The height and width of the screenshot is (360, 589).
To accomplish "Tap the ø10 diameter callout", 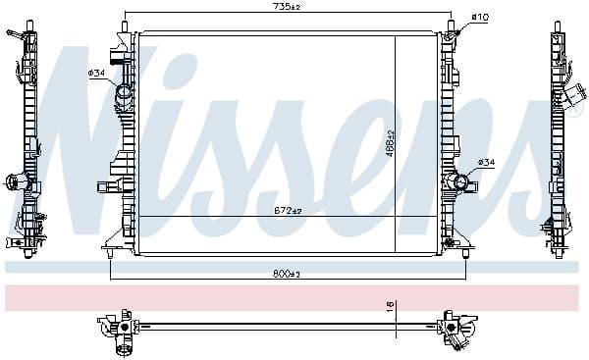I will pyautogui.click(x=480, y=17).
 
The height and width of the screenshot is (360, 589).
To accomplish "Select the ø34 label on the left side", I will pyautogui.click(x=97, y=74).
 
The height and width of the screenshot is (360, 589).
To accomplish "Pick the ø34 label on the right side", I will pyautogui.click(x=486, y=162).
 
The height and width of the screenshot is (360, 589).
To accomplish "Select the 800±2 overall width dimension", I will pyautogui.click(x=288, y=274).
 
